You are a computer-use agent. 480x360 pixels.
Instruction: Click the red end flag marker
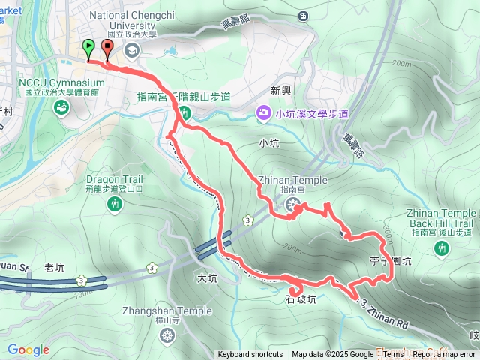(x=106, y=49)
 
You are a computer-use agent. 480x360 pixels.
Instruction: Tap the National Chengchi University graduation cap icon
(x=133, y=50)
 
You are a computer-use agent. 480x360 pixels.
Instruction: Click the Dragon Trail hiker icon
(x=114, y=203)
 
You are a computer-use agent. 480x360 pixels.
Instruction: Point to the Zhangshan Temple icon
(x=165, y=334)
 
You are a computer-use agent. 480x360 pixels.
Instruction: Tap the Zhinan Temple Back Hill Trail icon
(x=442, y=247)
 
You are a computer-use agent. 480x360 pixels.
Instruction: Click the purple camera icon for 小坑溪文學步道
(x=264, y=113)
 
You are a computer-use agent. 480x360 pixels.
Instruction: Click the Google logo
(x=28, y=349)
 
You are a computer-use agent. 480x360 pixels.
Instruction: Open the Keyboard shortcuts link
(x=250, y=355)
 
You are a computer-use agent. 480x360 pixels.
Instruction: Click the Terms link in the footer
(x=393, y=355)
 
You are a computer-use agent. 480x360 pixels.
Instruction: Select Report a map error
(x=444, y=355)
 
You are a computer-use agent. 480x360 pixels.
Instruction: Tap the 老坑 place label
(x=55, y=267)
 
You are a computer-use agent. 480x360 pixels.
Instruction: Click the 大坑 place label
(x=206, y=278)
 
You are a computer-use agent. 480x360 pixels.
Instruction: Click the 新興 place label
(x=280, y=91)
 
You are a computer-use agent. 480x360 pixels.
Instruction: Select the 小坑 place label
(x=268, y=142)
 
